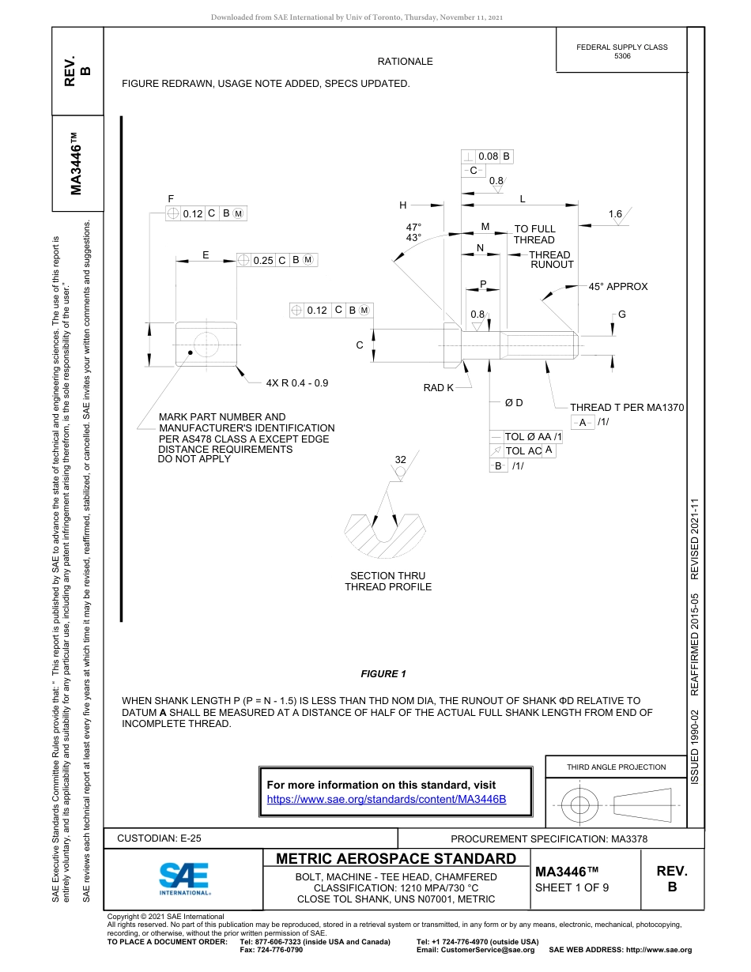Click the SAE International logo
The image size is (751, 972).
click(184, 877)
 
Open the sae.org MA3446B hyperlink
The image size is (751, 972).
click(387, 799)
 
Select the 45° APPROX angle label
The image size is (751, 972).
click(617, 287)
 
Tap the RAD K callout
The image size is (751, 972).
click(439, 388)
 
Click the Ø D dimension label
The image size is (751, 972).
click(514, 403)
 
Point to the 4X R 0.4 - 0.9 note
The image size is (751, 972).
click(296, 382)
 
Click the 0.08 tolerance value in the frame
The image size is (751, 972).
click(488, 156)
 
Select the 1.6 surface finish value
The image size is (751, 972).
click(616, 214)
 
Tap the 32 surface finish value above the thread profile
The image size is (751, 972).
click(400, 460)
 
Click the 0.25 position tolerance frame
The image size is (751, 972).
click(277, 260)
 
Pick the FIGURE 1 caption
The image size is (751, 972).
click(383, 674)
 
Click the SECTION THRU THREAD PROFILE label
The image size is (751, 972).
click(388, 582)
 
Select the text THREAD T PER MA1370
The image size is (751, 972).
click(627, 408)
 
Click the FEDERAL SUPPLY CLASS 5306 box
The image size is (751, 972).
click(621, 51)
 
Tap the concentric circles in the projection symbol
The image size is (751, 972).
click(580, 806)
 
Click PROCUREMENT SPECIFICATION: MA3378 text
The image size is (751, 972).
click(549, 839)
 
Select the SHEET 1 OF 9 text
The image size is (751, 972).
click(572, 887)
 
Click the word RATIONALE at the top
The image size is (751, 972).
click(405, 62)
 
